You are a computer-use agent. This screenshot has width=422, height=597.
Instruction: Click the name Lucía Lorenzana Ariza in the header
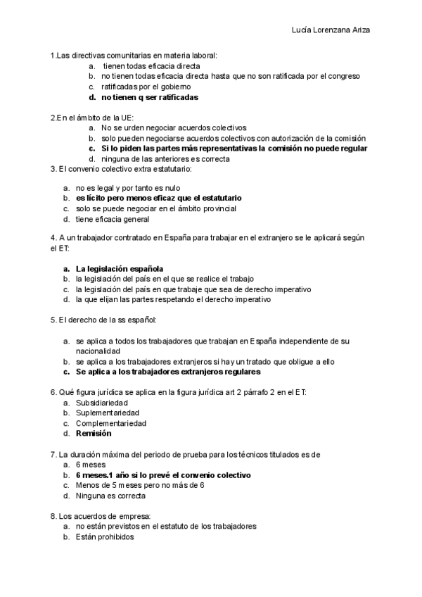coord(331,30)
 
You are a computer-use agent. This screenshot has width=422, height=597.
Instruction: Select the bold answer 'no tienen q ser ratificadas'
coord(149,97)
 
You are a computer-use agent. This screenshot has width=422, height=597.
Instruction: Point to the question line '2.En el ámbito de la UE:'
coord(92,118)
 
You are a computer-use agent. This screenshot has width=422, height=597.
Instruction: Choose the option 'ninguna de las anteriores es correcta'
coord(165,159)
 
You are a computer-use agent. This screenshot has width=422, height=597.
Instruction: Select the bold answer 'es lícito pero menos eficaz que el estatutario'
coord(158,199)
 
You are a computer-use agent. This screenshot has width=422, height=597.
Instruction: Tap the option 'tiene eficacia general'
coord(113,219)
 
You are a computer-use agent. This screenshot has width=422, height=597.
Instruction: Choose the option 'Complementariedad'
coord(111,423)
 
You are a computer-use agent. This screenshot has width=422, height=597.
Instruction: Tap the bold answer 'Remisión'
coord(94,434)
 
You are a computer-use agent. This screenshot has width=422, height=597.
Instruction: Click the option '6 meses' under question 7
coord(91,465)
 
